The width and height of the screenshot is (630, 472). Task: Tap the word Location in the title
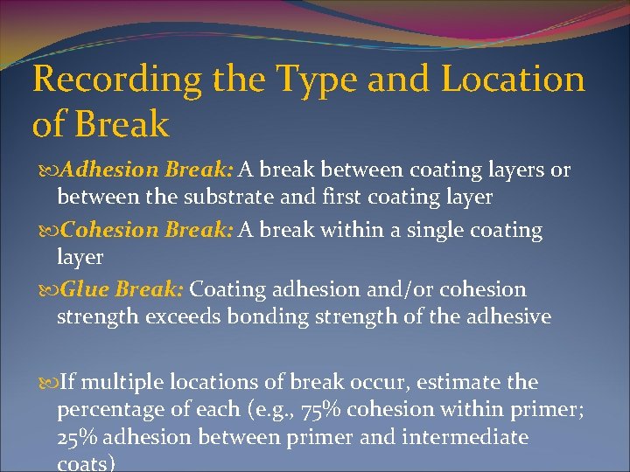click(x=513, y=80)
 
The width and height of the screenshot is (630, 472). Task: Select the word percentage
click(x=108, y=410)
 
